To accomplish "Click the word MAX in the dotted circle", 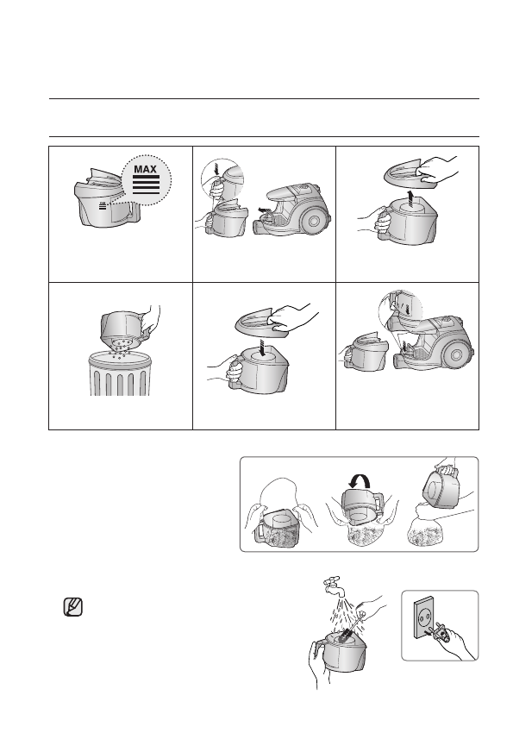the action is pos(145,168).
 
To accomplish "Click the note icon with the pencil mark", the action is pos(73,607).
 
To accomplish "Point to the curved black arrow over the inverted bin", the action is pos(360,479).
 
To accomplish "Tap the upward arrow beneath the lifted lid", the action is pos(410,198).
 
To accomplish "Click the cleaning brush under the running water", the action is pos(351,630).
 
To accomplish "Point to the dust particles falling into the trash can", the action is pos(120,348).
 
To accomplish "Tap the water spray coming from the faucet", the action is pos(343,610).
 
